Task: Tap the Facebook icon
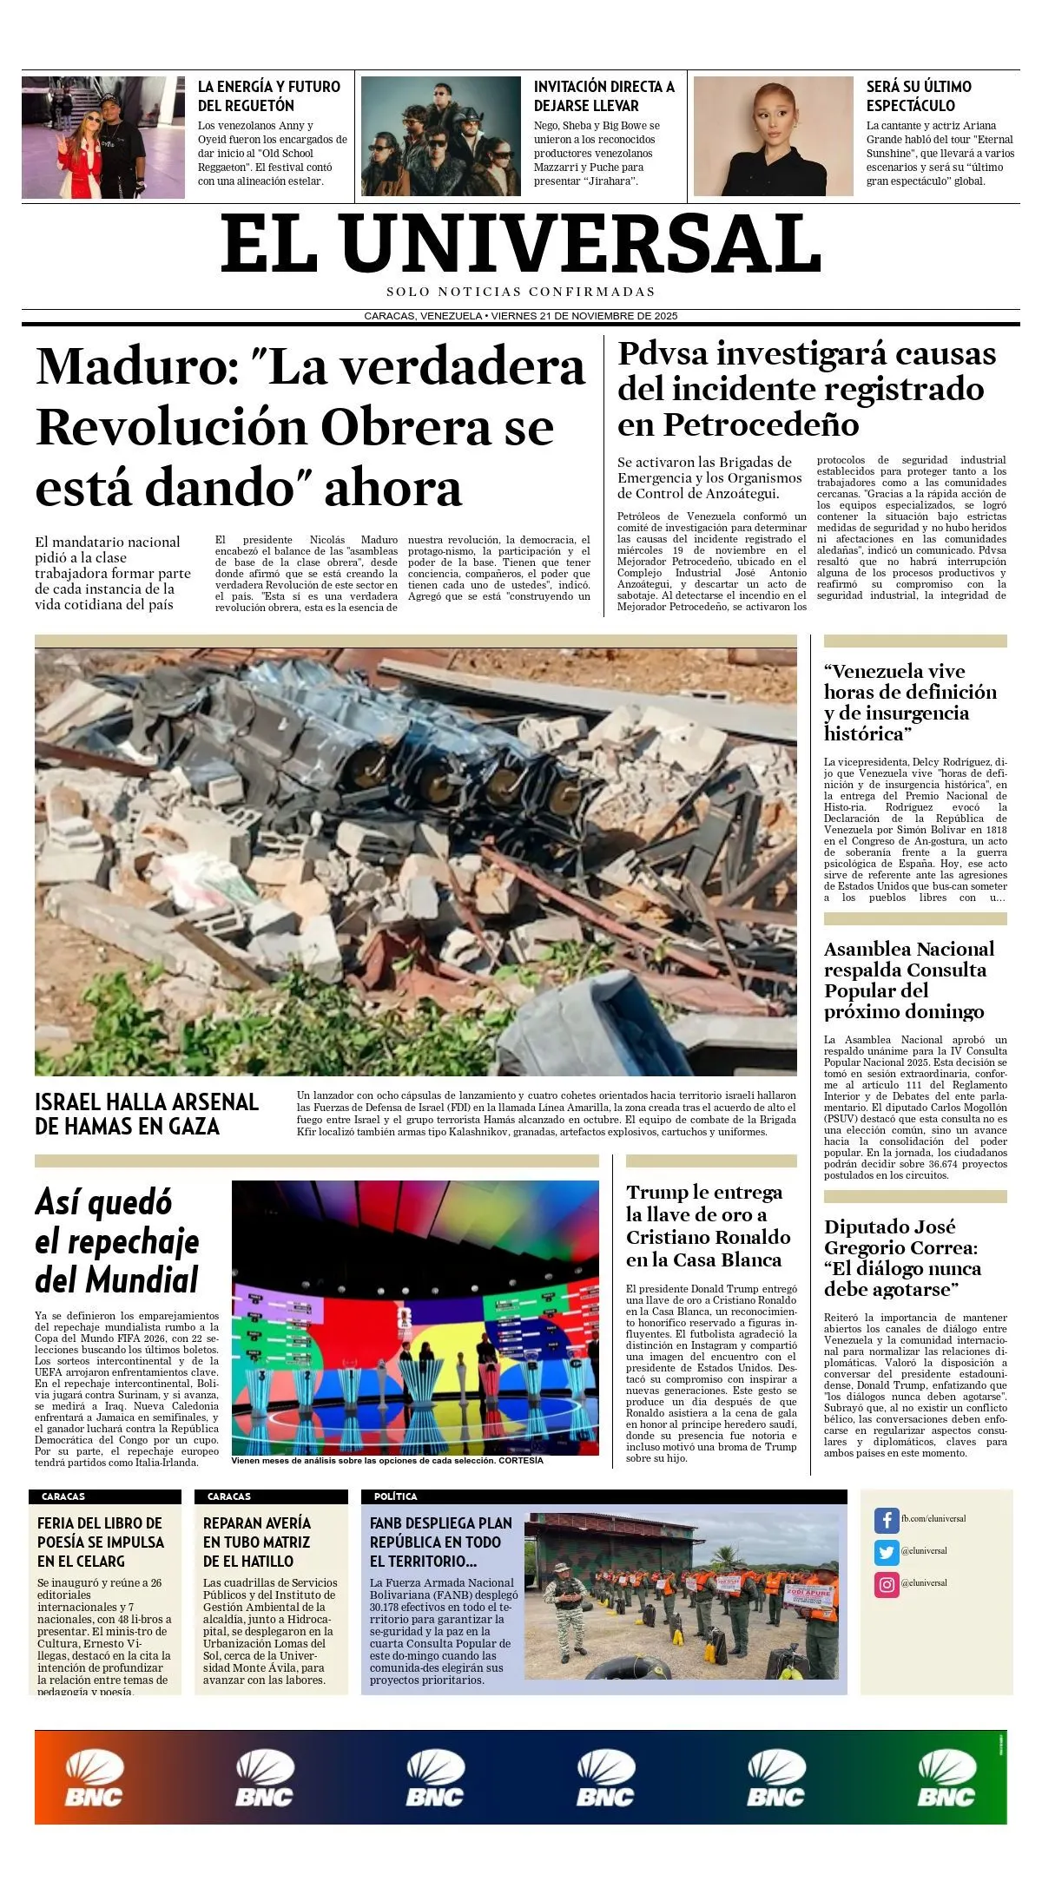pos(886,1519)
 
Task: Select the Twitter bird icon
pos(886,1551)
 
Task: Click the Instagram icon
pos(886,1584)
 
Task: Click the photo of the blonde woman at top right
pos(773,136)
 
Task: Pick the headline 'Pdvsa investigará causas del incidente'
pos(807,389)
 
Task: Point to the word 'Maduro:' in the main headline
pos(137,366)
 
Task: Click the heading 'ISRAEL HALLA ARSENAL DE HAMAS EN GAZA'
pos(147,1114)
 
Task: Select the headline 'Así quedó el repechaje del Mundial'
pos(117,1240)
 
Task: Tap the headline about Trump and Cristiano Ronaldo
pos(709,1226)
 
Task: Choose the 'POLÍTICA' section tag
pos(396,1496)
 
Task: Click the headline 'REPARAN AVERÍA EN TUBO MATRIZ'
pos(257,1542)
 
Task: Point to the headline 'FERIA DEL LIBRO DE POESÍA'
pos(101,1542)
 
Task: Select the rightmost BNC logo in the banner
pos(946,1778)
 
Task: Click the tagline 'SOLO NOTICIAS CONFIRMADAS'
pos(521,292)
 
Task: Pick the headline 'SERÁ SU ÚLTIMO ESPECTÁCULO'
pos(919,95)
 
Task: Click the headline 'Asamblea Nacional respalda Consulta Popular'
pos(908,980)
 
